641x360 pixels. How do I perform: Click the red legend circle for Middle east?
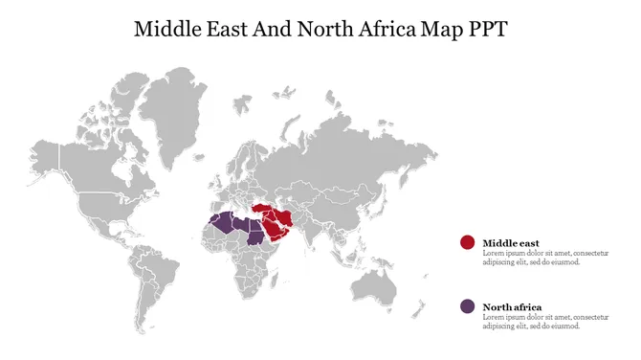pyautogui.click(x=467, y=243)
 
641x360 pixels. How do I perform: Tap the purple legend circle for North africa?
pyautogui.click(x=467, y=306)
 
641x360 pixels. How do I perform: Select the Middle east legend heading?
pyautogui.click(x=511, y=243)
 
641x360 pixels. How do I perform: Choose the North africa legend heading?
pyautogui.click(x=512, y=307)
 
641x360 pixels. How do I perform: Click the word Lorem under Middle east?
pyautogui.click(x=493, y=254)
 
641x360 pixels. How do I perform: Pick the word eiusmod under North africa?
pyautogui.click(x=564, y=326)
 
